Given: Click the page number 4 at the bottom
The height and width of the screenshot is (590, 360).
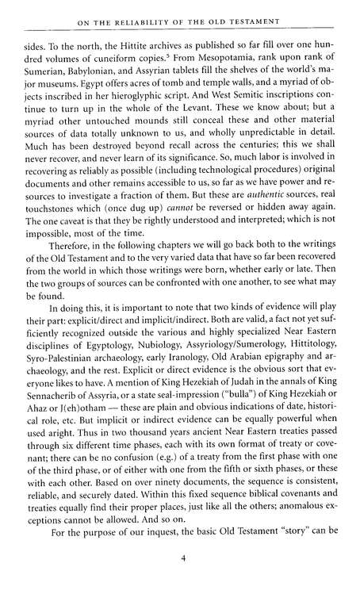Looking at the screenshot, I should point(182,559).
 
